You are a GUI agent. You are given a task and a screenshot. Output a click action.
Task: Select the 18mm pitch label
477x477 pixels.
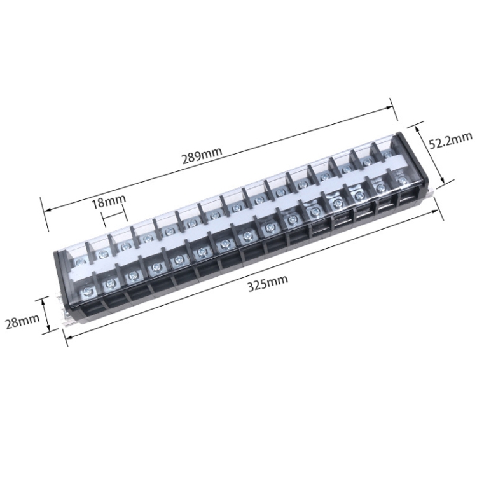[x=108, y=202]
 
